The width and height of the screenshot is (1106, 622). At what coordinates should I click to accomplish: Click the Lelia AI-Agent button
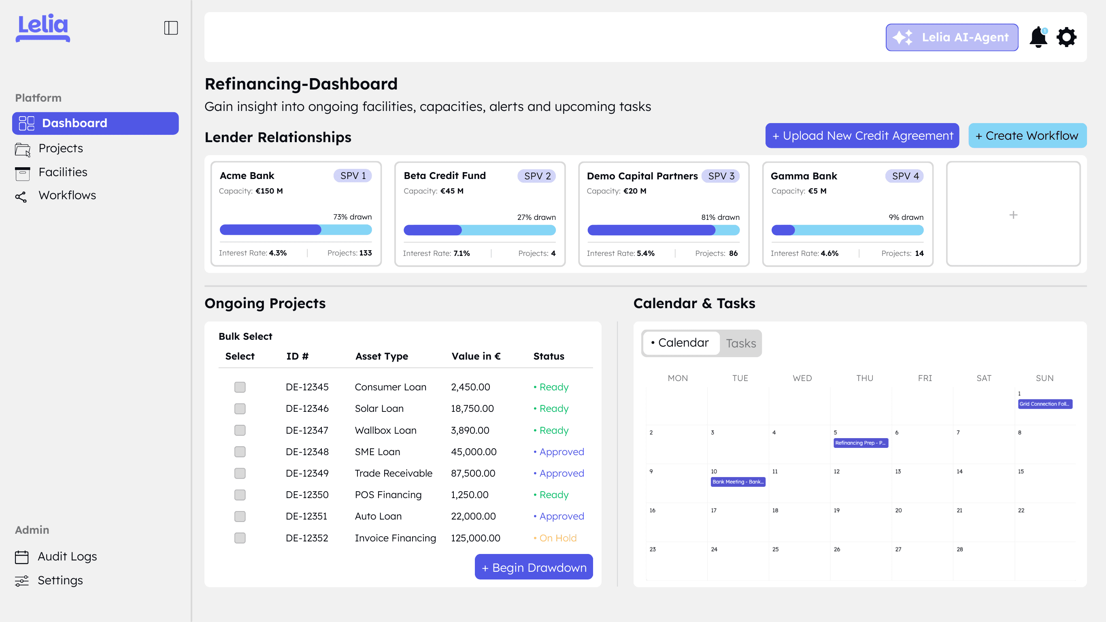(951, 37)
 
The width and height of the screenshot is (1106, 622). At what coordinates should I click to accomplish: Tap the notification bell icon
(1038, 37)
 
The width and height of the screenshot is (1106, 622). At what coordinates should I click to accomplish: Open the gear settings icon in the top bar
(1066, 37)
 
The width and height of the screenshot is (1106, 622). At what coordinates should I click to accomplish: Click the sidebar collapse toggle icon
(171, 28)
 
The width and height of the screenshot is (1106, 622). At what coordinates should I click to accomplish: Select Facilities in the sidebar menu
(63, 172)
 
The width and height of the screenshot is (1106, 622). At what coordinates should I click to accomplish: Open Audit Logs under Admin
(67, 556)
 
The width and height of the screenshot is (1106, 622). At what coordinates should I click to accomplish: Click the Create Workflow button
(1027, 136)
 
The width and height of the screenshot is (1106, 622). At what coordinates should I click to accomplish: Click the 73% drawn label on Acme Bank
(352, 217)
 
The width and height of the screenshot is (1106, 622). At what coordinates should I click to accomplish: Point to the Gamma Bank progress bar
(847, 230)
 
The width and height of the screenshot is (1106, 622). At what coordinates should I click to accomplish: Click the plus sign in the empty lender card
(1013, 215)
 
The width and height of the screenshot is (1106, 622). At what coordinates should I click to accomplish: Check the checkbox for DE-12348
(240, 452)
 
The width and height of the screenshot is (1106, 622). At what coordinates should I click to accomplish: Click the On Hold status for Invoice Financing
(557, 538)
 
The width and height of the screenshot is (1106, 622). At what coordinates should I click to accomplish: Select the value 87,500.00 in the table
(473, 473)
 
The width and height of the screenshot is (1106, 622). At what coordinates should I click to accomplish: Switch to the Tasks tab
(740, 343)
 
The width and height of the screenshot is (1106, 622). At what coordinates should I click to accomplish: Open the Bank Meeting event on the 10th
(738, 481)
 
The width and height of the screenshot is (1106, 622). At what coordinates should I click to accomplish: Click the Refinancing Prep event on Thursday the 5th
(860, 443)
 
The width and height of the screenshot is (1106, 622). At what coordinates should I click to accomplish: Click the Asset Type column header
(382, 356)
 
